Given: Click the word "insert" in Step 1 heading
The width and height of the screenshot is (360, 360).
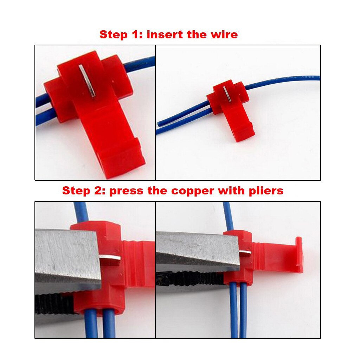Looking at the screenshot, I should tap(163, 34).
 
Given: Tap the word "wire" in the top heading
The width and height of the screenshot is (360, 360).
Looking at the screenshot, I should tap(224, 34).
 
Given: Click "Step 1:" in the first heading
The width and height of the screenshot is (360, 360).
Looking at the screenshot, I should tap(121, 34).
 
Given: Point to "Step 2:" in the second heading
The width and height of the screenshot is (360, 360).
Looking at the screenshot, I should tap(84, 191).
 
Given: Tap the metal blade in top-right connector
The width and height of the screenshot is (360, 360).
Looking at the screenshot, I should tap(227, 94).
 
